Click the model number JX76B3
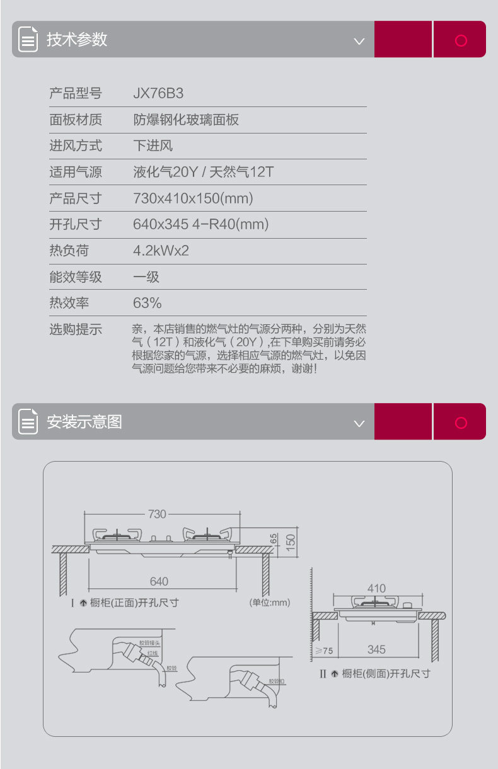(x=158, y=93)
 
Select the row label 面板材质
(x=76, y=120)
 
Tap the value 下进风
(x=153, y=146)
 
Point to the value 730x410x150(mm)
(x=193, y=198)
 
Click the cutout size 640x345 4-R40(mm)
(x=200, y=224)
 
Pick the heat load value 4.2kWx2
(x=161, y=251)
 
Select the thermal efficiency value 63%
(x=148, y=303)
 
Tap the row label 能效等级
(x=76, y=277)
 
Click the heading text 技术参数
(x=77, y=39)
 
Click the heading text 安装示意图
(x=84, y=421)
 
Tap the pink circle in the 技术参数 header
(x=461, y=40)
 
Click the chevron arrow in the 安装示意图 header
(x=359, y=423)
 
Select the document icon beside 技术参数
(x=28, y=39)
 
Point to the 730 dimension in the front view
(x=157, y=514)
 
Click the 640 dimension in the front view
(x=159, y=581)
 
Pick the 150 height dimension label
(x=291, y=541)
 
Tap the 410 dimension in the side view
(x=376, y=588)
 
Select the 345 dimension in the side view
(x=376, y=649)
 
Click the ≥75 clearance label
(x=324, y=650)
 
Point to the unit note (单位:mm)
(x=270, y=603)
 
